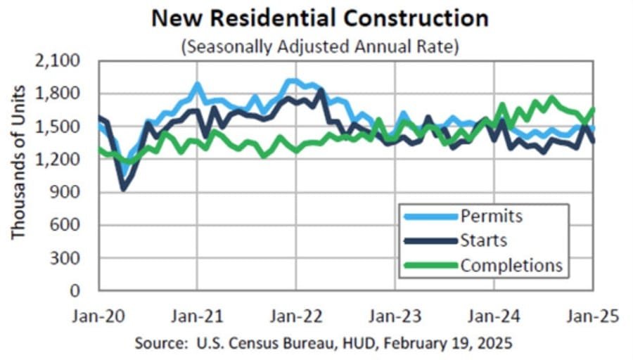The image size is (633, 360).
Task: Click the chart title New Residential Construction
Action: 320,19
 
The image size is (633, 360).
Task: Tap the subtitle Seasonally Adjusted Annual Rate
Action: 320,47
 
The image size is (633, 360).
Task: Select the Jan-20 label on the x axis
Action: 99,316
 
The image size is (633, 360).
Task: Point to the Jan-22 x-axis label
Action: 296,316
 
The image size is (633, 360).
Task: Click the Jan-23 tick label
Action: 395,316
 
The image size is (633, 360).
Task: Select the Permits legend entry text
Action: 492,214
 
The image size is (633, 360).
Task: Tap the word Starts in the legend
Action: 484,240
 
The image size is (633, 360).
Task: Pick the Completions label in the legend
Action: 511,265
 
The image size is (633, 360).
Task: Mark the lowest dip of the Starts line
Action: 124,188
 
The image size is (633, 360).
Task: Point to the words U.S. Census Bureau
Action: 240,344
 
